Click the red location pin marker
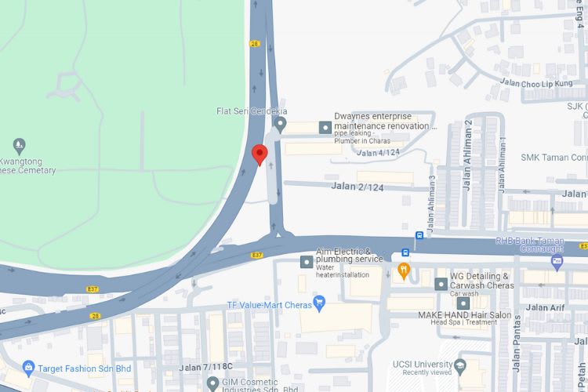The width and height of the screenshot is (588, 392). [260, 154]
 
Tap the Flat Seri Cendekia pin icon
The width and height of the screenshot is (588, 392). [280, 125]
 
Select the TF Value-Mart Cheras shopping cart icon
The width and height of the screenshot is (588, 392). [319, 302]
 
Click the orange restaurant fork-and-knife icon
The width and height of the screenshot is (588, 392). [404, 271]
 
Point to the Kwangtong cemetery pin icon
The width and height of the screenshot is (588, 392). [20, 145]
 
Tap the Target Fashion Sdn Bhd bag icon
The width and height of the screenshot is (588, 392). [29, 367]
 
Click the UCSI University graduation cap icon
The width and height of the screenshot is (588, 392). [460, 365]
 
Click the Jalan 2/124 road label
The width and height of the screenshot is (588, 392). [358, 186]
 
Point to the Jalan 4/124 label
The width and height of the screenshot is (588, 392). [378, 153]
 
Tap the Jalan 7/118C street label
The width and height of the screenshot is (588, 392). [205, 367]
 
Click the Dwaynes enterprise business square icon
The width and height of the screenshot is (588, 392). [324, 126]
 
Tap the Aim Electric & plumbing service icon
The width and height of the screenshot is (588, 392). [305, 261]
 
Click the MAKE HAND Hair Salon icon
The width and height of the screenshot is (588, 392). [463, 303]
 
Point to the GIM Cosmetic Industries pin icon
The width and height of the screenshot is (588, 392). [212, 383]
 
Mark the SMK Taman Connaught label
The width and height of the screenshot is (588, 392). [554, 157]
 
